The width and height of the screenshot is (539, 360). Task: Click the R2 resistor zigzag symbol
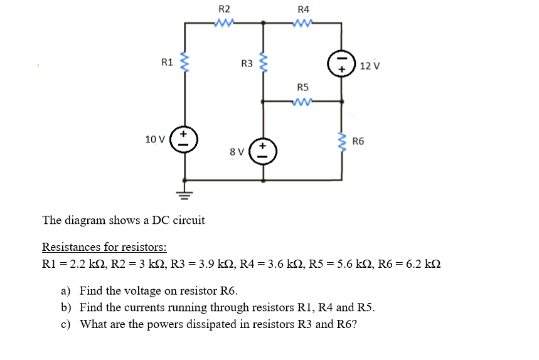click(224, 23)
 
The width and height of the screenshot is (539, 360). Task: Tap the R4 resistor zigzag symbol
click(303, 23)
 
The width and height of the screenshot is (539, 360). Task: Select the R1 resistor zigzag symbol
click(184, 63)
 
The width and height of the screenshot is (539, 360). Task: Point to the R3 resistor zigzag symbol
click(264, 63)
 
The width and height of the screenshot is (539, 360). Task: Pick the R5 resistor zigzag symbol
click(303, 100)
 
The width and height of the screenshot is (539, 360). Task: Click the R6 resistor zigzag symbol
click(343, 142)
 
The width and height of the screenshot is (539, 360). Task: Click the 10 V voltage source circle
click(184, 139)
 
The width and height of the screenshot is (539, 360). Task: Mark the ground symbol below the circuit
click(184, 192)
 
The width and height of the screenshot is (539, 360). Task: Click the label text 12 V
click(370, 66)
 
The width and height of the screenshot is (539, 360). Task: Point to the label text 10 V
click(154, 139)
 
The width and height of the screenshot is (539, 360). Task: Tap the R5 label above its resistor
click(303, 87)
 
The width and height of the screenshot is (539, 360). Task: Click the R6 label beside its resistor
click(359, 141)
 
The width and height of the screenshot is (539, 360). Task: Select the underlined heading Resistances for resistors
click(104, 246)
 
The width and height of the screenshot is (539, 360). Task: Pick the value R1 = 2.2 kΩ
click(70, 263)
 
